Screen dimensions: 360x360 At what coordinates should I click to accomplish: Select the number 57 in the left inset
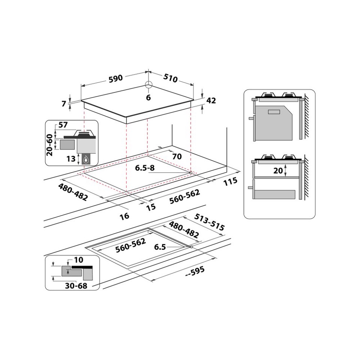pos(63,125)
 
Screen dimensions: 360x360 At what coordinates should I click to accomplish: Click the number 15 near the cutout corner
pos(150,207)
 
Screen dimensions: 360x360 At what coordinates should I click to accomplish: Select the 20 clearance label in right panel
pos(278,171)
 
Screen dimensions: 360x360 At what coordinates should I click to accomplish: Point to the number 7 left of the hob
pos(64,103)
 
